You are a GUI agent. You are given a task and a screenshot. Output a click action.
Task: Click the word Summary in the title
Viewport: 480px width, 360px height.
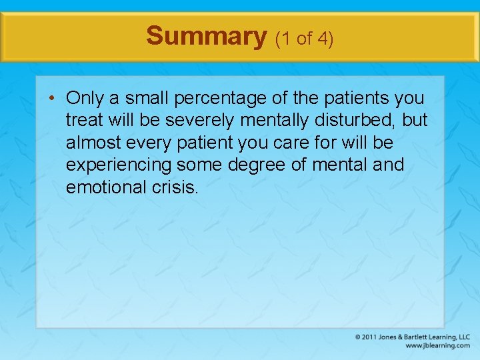point(206,36)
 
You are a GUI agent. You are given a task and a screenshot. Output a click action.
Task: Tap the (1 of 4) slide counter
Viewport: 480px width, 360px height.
point(303,39)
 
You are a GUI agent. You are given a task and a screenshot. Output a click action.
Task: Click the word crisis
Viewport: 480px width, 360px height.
point(175,187)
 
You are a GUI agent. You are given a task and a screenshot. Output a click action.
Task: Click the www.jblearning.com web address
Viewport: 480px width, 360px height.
point(437,346)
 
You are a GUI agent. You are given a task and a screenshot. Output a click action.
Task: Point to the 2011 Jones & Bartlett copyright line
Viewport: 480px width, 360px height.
point(413,337)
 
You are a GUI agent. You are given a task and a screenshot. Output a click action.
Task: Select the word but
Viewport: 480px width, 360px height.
point(414,121)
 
